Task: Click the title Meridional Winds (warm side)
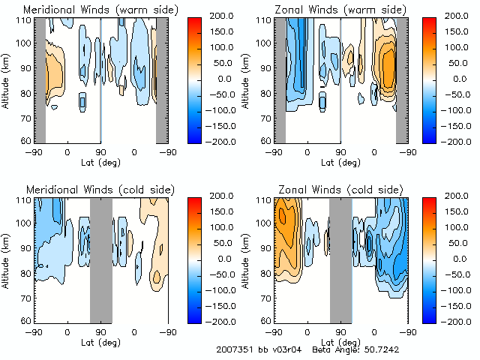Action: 101,10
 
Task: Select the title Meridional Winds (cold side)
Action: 101,188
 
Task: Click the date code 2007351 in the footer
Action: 235,349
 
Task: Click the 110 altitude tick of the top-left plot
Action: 24,19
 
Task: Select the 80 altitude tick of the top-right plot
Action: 265,94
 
